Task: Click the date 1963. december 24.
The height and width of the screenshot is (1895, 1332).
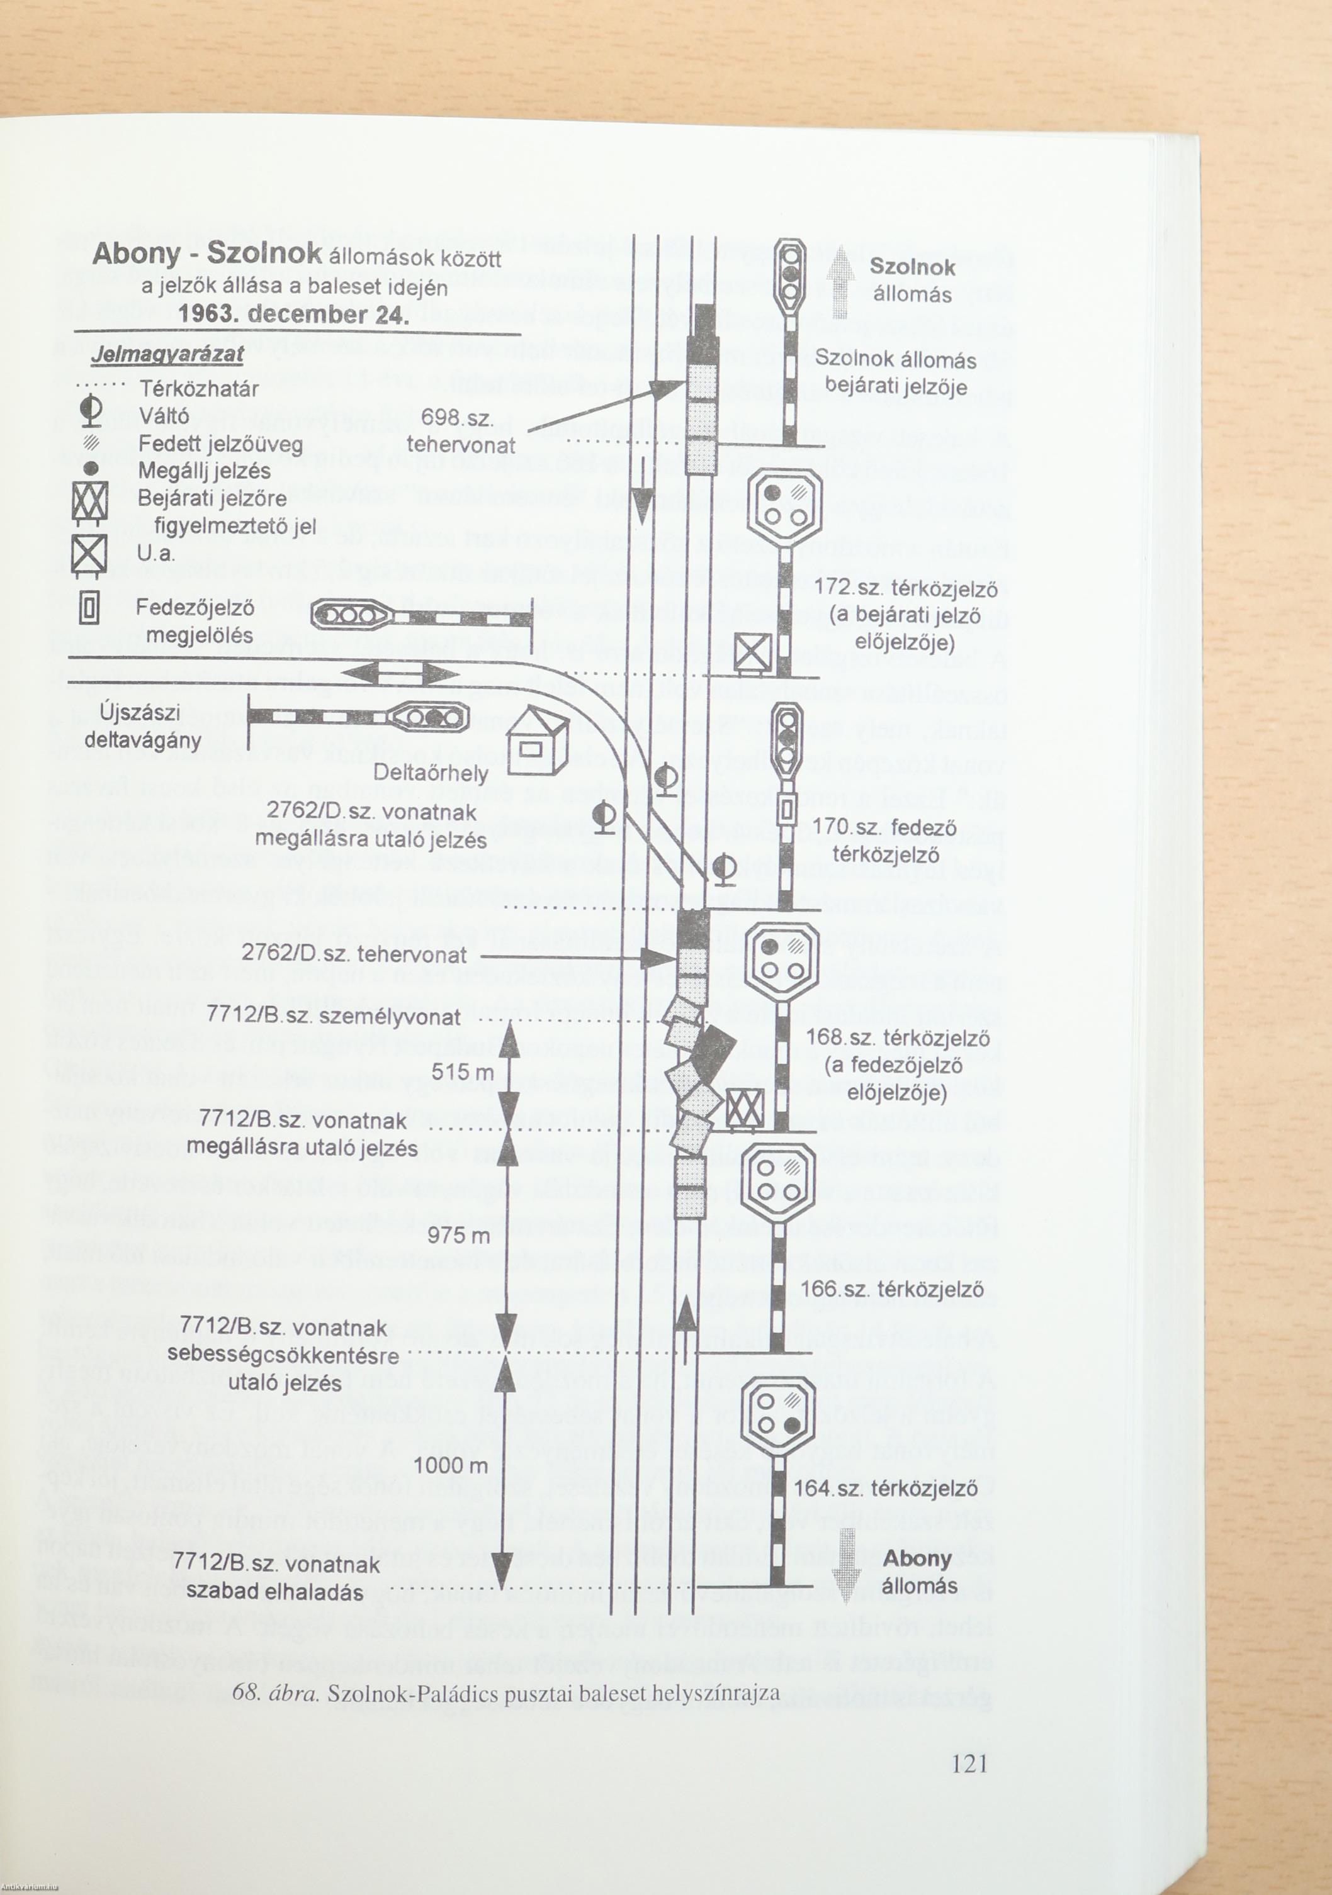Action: pyautogui.click(x=293, y=315)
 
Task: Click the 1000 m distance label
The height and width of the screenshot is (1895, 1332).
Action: pyautogui.click(x=450, y=1466)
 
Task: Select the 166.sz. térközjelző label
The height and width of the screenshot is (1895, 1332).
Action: pyautogui.click(x=892, y=1290)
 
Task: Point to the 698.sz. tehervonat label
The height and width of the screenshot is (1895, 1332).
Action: pyautogui.click(x=461, y=432)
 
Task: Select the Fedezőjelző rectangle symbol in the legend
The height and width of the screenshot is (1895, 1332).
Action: pyautogui.click(x=90, y=609)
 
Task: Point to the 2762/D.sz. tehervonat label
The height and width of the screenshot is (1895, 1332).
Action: pyautogui.click(x=353, y=955)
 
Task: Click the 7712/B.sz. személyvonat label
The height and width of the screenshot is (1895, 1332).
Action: pyautogui.click(x=333, y=1016)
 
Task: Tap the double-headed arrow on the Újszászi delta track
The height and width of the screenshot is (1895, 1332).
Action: pyautogui.click(x=400, y=674)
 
